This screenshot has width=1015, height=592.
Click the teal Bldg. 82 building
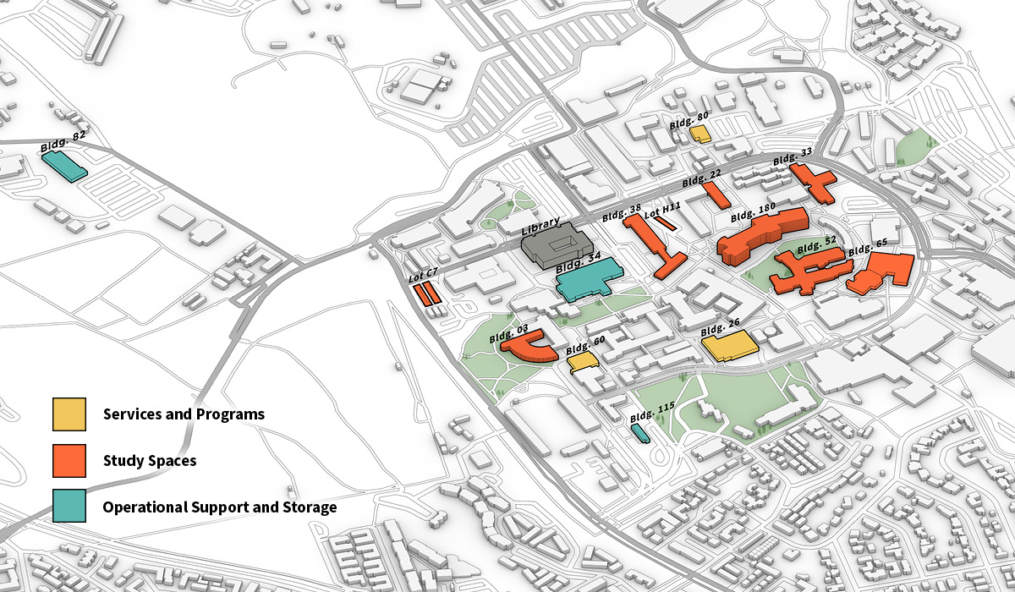pos(64,165)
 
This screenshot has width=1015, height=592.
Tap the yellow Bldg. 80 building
pos(700,134)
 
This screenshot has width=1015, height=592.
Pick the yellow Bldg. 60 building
pos(583,361)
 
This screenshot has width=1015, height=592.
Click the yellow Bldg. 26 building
pos(729,346)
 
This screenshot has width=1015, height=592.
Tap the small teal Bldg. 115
pos(640,432)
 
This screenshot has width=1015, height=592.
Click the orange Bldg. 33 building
pos(814,184)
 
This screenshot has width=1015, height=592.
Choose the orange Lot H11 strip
pos(666,224)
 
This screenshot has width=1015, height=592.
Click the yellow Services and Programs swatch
pos(69,414)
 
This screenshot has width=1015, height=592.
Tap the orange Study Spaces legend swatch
pos(69,461)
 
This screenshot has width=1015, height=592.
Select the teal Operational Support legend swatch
pos(69,507)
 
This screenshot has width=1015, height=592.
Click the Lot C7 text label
pos(423,273)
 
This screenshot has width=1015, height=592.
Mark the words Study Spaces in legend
pos(150,461)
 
